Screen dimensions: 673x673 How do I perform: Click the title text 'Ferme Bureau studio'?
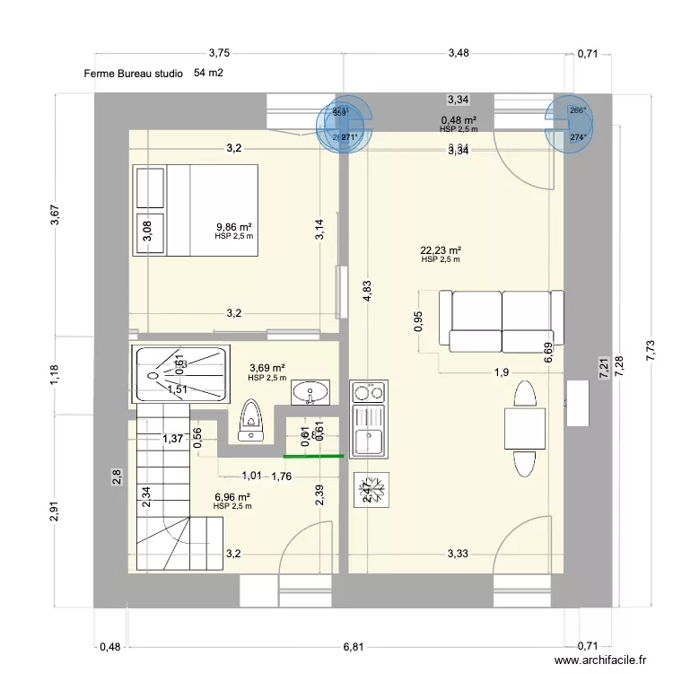134,74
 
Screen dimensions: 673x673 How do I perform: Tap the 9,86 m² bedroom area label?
234,227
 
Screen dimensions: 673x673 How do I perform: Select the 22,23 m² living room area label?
441,250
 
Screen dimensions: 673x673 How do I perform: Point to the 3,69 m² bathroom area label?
267,368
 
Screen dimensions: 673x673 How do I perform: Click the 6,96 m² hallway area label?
232,496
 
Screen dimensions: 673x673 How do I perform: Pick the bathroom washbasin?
312,390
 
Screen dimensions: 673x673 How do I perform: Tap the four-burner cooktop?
371,391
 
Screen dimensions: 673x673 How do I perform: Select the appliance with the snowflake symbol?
371,490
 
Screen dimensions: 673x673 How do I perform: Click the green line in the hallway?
315,456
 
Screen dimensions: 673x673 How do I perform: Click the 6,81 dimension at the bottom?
353,646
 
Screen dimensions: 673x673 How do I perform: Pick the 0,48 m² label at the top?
458,120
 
